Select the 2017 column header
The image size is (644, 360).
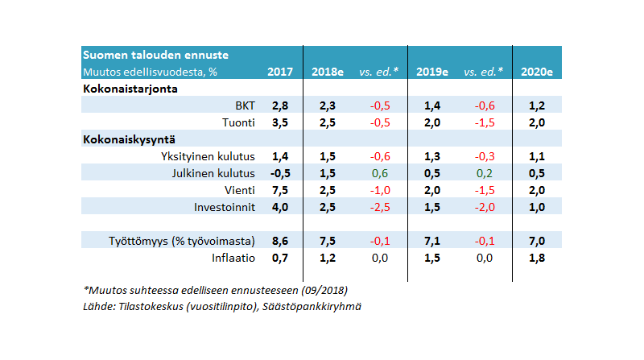(280, 72)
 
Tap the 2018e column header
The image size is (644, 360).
(328, 72)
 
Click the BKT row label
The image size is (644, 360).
(244, 106)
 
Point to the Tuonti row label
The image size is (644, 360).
(238, 122)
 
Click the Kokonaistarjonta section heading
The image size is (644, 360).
(130, 89)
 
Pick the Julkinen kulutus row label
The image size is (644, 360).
(214, 173)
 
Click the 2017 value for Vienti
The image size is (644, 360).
(280, 190)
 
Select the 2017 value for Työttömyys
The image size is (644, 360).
(280, 241)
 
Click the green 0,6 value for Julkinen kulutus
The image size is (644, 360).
(380, 173)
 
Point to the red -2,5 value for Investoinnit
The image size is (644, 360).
(380, 207)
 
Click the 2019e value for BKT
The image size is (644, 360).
(432, 106)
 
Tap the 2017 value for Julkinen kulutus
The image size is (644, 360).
(279, 173)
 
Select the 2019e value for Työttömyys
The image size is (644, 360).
(432, 241)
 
